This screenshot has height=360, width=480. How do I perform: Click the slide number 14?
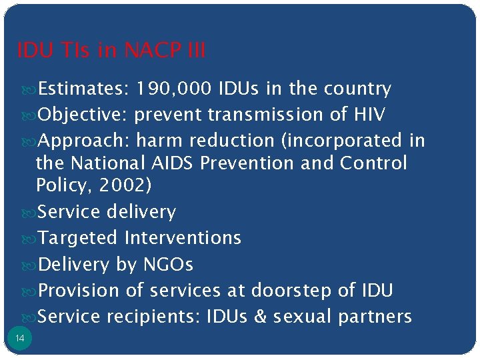coord(19,339)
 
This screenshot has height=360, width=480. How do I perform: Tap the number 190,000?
coord(173,89)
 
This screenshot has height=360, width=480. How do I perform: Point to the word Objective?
coord(83,115)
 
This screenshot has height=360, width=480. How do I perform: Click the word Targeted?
coord(79,238)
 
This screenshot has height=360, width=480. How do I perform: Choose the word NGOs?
coord(168,265)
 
